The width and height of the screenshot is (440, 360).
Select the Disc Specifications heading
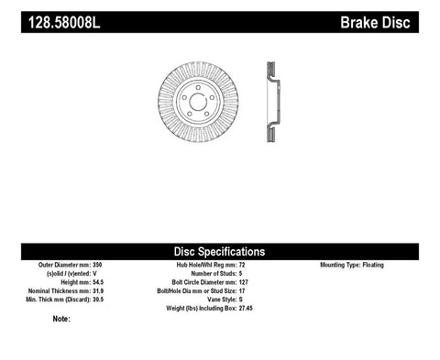tap(220, 251)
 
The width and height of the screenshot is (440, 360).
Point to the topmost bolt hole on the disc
tap(198, 84)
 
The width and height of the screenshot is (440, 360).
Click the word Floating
tap(373, 265)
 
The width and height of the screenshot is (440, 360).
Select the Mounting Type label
tap(338, 265)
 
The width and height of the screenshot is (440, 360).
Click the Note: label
tap(61, 320)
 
